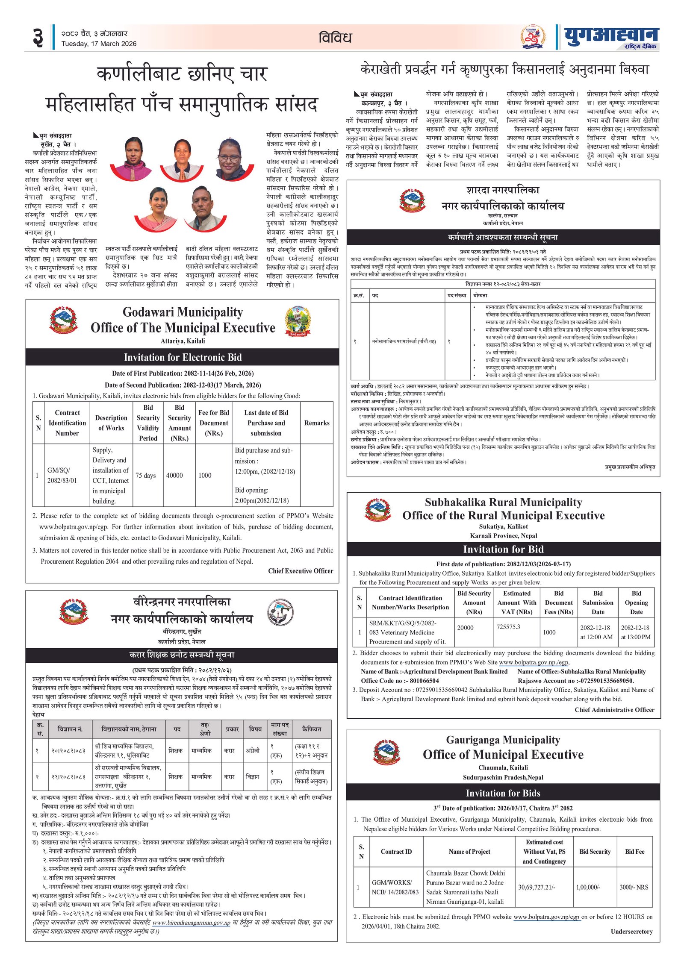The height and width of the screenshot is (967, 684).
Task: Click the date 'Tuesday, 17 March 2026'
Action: point(99,44)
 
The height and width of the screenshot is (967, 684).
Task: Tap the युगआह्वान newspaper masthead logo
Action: point(611,37)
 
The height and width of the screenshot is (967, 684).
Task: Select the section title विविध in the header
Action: point(335,38)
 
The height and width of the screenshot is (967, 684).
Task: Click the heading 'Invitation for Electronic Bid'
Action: point(183,357)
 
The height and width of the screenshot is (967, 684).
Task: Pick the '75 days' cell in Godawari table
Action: point(145,475)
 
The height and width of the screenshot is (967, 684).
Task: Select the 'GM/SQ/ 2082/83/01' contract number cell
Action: point(62,475)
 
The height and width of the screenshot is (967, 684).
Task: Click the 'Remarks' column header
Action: point(317,423)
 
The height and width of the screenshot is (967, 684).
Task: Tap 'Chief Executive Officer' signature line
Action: point(301,570)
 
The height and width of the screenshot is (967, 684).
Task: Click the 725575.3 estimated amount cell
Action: point(508,626)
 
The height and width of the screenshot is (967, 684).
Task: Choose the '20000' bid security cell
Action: point(465,627)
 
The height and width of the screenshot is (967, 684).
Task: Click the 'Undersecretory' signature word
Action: point(631,931)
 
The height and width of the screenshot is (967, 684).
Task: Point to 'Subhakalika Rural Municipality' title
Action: point(503,502)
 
